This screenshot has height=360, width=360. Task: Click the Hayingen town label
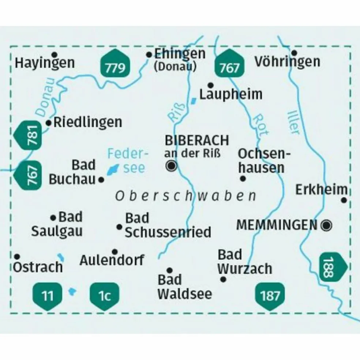(x=45, y=63)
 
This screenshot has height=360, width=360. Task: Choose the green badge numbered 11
(x=48, y=295)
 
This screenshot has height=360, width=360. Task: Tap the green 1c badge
(x=105, y=295)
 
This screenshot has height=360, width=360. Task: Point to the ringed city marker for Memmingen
(x=326, y=225)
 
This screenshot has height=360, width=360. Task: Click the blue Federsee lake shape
(x=112, y=169)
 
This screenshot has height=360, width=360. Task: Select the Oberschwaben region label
(x=185, y=196)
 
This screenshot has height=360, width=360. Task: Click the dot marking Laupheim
(x=210, y=85)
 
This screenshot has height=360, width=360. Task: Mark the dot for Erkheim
(x=344, y=200)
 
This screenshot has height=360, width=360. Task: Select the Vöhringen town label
(x=287, y=61)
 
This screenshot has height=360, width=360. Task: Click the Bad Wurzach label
(x=244, y=262)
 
